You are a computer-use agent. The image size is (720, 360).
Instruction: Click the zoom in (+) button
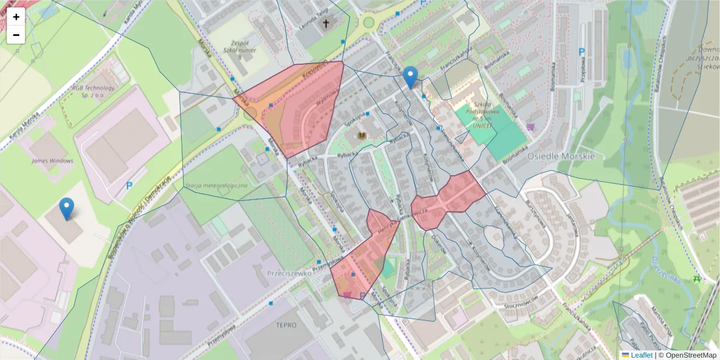point(16,17)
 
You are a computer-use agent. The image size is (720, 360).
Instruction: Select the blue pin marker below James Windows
point(67,208)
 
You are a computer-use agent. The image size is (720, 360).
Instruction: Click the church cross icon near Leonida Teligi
point(326,24)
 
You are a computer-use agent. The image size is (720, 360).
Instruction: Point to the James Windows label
point(53,161)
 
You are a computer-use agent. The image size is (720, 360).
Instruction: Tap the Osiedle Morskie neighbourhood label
point(561,156)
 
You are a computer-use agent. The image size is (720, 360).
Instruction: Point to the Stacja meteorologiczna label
point(217,185)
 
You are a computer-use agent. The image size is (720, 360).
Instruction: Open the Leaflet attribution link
point(641,355)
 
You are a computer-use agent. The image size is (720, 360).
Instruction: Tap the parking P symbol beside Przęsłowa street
point(581,52)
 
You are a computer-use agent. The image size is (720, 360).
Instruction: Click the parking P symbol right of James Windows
point(129,186)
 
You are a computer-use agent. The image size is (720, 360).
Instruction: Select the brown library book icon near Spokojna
point(362,136)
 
